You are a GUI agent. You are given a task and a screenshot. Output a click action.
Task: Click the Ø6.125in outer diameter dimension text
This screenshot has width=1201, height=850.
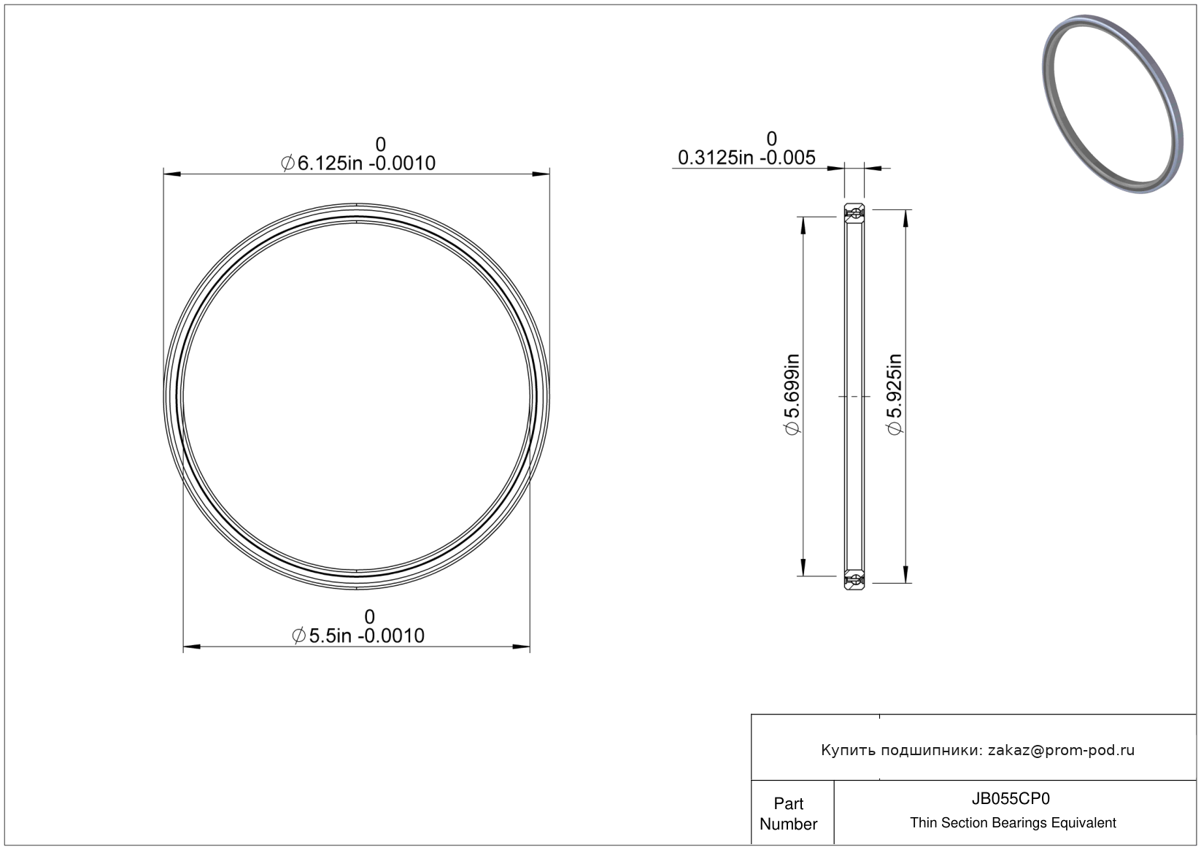click(x=358, y=163)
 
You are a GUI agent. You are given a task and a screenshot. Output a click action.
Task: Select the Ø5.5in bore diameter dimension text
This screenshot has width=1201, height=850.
click(x=358, y=636)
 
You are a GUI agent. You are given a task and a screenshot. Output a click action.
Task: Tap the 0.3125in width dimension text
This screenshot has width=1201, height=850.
click(x=746, y=158)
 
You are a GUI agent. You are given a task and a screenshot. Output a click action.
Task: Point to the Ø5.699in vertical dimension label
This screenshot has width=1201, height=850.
click(x=792, y=395)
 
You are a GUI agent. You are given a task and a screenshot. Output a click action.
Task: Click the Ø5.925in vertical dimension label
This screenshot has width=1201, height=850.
click(x=895, y=395)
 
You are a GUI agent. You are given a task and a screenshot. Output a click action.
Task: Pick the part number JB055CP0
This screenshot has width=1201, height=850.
click(x=1011, y=799)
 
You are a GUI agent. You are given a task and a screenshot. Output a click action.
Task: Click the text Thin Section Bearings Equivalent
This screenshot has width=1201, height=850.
click(x=1013, y=823)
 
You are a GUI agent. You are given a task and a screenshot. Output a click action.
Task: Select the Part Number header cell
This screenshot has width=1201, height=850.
click(x=788, y=814)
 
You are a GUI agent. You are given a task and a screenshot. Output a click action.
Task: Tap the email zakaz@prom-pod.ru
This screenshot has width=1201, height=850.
click(x=1061, y=750)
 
